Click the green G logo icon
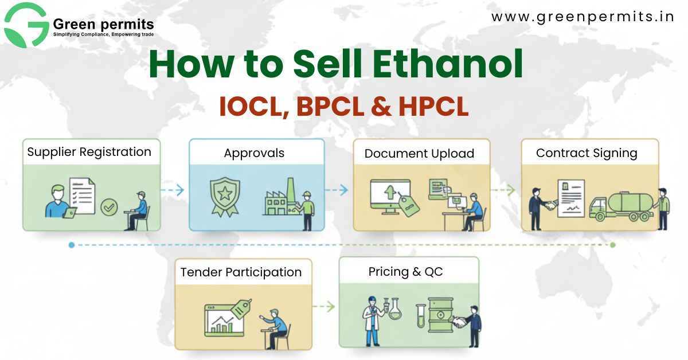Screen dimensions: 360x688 tap(26, 25)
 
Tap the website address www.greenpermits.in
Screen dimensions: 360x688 tap(583, 17)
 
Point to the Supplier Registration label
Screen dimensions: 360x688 tap(89, 152)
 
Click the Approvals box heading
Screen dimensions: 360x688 tap(254, 153)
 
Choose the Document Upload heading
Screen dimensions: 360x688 tap(419, 154)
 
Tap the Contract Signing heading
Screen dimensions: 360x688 tap(587, 153)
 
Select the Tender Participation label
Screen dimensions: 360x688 tap(241, 272)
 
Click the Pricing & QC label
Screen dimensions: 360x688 tap(405, 272)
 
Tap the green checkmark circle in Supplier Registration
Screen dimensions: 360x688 tap(109, 207)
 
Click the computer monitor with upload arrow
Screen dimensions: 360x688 tap(390, 197)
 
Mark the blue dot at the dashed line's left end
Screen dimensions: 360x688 tap(71, 245)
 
